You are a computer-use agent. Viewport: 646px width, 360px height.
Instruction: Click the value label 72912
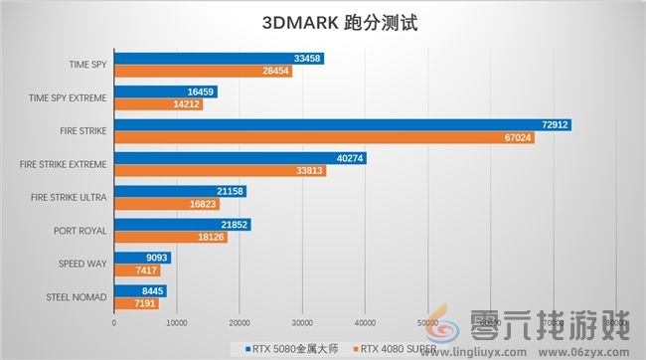click(556, 125)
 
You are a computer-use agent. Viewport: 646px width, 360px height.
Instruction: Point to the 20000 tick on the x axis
click(240, 322)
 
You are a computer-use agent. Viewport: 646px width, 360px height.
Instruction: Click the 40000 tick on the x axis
click(365, 322)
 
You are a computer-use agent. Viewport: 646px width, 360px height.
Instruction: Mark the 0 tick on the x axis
click(114, 322)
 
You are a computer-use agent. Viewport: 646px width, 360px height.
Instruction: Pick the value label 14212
click(186, 104)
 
